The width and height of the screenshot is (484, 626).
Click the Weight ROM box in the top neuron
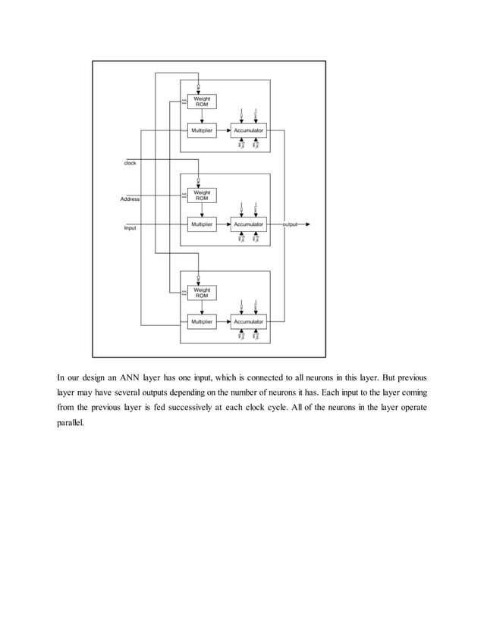(202, 102)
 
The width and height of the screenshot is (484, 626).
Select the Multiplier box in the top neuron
(202, 130)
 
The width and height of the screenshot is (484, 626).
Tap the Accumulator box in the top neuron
(249, 130)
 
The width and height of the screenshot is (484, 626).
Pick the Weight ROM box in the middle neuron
(202, 196)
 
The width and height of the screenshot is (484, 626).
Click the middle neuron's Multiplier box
(202, 224)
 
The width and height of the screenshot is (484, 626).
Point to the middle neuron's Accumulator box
(249, 224)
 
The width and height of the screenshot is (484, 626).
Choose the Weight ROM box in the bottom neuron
(202, 293)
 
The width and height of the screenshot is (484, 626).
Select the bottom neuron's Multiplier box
(202, 322)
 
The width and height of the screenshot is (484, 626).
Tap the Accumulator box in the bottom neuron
(249, 322)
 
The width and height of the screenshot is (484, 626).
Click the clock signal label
(130, 162)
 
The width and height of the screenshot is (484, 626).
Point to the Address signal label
(130, 199)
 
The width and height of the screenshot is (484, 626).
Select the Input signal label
(130, 227)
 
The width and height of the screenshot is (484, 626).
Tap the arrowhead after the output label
(307, 225)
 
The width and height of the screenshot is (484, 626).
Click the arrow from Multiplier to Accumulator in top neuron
(225, 130)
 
